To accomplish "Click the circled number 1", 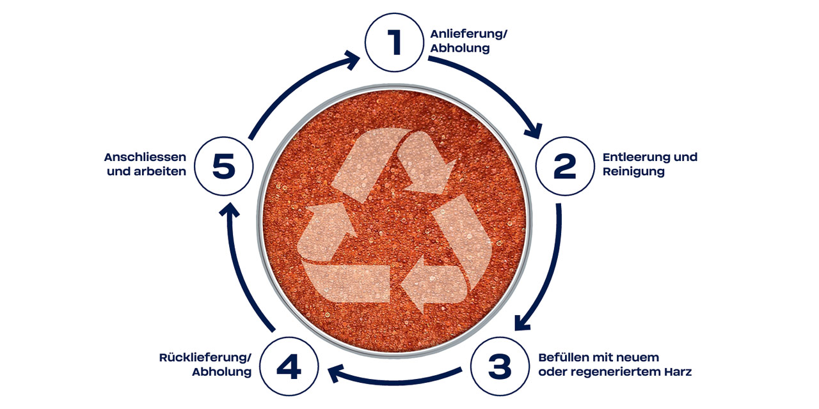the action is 395,42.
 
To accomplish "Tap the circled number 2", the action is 565,166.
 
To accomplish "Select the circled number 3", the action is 500,366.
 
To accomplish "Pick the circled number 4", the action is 289,366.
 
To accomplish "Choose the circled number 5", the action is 224,166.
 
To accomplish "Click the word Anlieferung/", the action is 469,34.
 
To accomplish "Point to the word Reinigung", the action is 633,172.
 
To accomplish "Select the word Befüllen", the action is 564,357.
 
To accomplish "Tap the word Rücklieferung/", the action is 205,357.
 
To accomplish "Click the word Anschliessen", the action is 145,157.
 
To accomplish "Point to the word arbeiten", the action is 160,171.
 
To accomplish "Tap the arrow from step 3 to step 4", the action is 393,380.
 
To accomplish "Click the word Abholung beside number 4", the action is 221,372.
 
